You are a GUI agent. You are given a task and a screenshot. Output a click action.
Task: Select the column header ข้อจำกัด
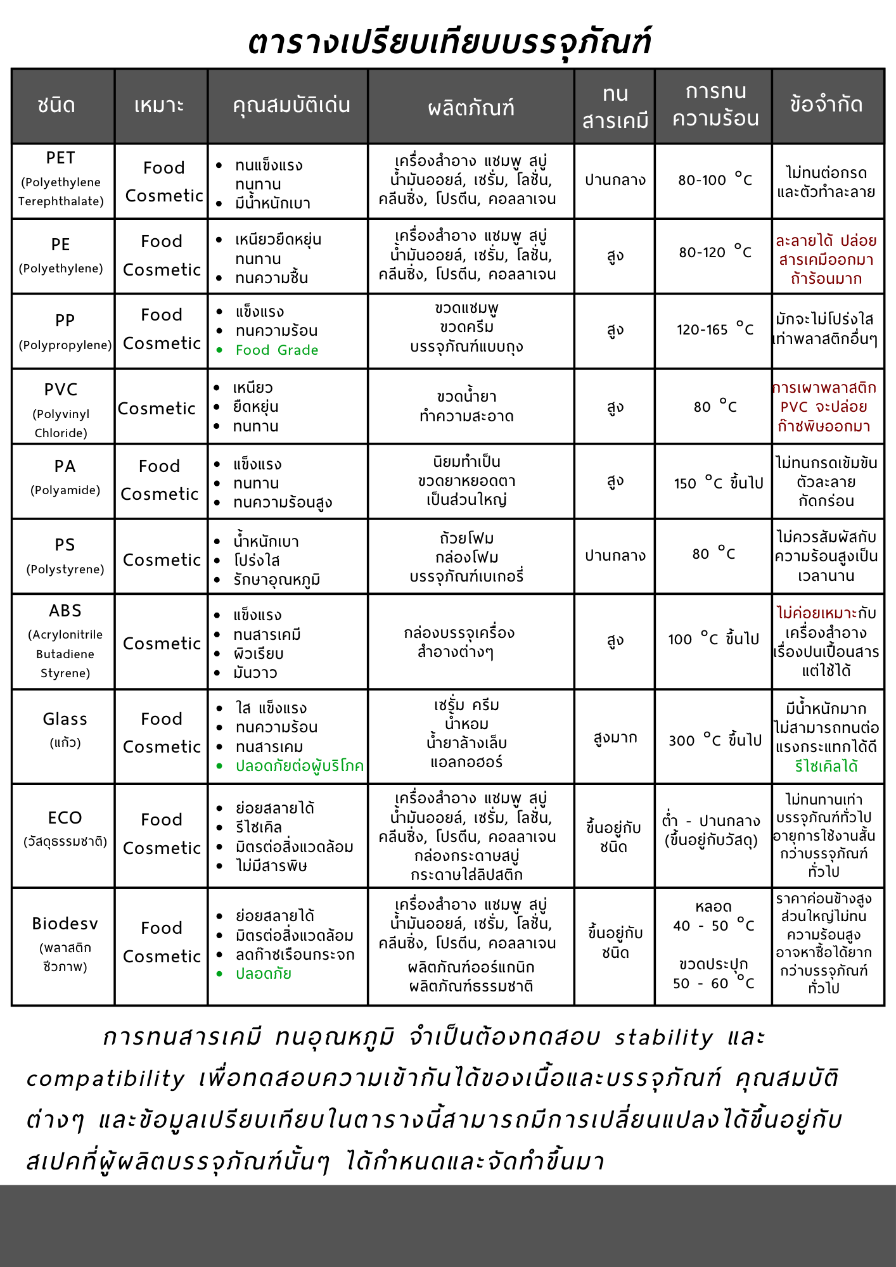click(x=826, y=105)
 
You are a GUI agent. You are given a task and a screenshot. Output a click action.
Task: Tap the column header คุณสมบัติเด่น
click(x=291, y=105)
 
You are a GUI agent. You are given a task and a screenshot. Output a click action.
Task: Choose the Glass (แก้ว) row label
click(x=65, y=729)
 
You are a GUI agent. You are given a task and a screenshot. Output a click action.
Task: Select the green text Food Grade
click(x=277, y=350)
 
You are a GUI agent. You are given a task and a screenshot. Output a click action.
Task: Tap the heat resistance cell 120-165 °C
click(x=715, y=329)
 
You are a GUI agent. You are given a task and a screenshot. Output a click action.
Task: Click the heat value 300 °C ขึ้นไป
click(x=715, y=740)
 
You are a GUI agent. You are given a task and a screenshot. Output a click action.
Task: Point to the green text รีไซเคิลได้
click(x=826, y=767)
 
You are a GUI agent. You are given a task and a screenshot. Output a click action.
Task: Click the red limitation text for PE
click(x=826, y=260)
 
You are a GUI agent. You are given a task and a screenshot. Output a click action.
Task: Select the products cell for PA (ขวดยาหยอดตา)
click(x=466, y=481)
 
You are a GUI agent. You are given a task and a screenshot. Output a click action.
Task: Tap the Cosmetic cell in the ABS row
click(x=162, y=644)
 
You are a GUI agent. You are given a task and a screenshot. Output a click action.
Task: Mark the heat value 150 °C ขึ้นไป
click(x=718, y=483)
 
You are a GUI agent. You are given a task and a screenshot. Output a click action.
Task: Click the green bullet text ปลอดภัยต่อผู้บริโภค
click(x=300, y=766)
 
